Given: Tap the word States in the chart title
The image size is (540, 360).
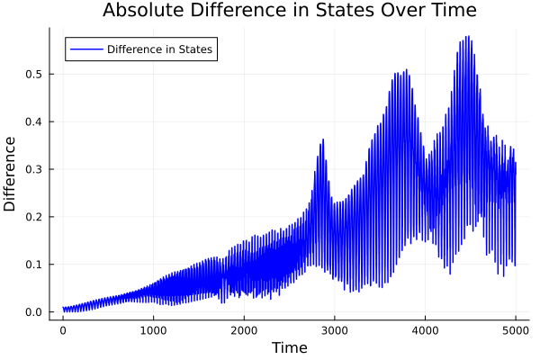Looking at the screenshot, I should [348, 12].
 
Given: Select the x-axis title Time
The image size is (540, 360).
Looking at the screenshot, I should [289, 347].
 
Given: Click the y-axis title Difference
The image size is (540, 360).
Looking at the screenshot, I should [11, 174].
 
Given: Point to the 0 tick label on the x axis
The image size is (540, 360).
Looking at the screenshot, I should [63, 329].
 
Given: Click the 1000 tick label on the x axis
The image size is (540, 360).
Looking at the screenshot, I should [153, 329].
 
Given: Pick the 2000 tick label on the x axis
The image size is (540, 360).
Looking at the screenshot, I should [244, 329].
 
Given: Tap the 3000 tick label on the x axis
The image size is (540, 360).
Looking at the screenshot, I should [335, 329].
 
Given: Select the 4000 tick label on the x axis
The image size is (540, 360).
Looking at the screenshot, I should [425, 329].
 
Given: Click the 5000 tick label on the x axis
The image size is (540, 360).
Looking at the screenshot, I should [516, 329].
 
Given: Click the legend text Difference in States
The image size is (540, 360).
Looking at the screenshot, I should [159, 49].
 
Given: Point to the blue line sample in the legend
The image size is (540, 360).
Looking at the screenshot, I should [85, 49].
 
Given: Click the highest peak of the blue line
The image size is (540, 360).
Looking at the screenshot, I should [468, 37].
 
